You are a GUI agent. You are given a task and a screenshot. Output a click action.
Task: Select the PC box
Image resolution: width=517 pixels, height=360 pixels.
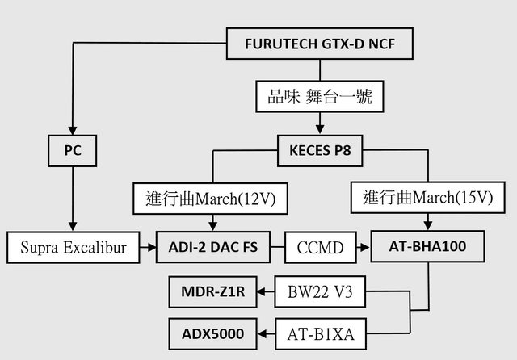pyautogui.click(x=73, y=150)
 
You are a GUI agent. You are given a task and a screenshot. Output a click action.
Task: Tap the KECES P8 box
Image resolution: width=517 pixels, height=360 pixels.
pyautogui.click(x=319, y=149)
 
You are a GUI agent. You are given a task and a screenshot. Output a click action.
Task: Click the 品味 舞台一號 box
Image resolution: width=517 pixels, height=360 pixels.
pyautogui.click(x=319, y=97)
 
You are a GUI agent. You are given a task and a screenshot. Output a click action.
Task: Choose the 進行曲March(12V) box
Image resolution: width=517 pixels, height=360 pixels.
pyautogui.click(x=213, y=199)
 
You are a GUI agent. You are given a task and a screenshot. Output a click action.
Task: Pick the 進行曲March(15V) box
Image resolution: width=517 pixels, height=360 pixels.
pyautogui.click(x=426, y=199)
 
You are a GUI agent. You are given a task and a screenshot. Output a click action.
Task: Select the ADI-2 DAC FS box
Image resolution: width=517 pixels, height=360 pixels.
pyautogui.click(x=213, y=248)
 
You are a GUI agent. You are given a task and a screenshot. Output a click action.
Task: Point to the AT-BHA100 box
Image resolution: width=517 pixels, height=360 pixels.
pyautogui.click(x=426, y=248)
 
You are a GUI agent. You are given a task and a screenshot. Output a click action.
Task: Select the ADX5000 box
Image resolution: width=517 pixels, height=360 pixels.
pyautogui.click(x=212, y=331)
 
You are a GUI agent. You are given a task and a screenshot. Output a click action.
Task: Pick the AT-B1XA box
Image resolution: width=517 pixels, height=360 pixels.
pyautogui.click(x=319, y=331)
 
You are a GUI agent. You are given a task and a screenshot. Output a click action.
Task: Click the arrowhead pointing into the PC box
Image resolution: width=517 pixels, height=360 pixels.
pyautogui.click(x=73, y=131)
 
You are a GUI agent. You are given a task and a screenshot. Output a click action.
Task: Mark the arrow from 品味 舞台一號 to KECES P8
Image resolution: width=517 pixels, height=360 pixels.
pyautogui.click(x=319, y=124)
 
